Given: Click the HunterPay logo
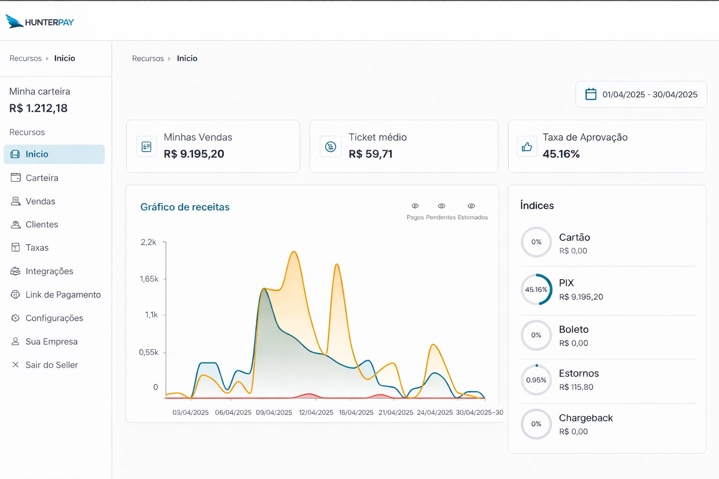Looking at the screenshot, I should click(40, 22).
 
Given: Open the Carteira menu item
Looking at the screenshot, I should click(42, 178).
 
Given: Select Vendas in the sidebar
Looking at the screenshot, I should click(40, 201).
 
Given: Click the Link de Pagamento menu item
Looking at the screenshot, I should click(63, 295).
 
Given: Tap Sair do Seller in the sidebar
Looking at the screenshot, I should click(51, 365).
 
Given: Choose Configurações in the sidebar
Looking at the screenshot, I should click(54, 318).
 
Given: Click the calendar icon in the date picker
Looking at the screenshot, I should click(591, 94).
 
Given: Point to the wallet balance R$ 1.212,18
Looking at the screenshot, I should click(38, 108).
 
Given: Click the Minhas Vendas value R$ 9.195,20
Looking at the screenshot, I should click(194, 154).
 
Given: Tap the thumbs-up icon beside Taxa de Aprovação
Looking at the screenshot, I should click(527, 147).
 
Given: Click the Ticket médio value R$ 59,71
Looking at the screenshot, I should click(370, 154).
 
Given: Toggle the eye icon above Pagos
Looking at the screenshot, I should click(415, 206).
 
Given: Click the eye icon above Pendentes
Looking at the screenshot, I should click(441, 206).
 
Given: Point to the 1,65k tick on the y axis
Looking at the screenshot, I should click(149, 279).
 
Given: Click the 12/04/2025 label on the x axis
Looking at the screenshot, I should click(316, 412).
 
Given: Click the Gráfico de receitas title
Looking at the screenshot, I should click(185, 207).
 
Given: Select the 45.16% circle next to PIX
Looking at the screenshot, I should click(536, 290).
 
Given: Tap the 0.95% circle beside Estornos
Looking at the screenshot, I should click(536, 380).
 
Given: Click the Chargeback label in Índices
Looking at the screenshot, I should click(586, 418).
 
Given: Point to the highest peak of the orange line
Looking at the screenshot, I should click(294, 252).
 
